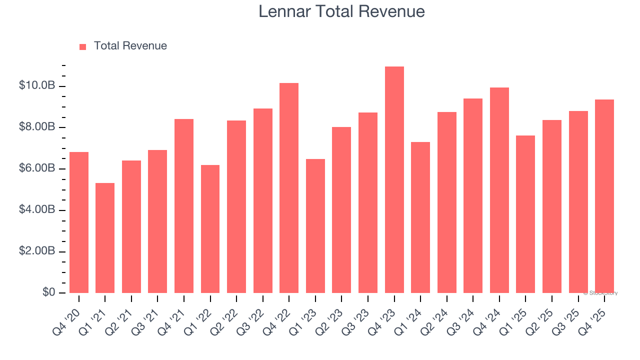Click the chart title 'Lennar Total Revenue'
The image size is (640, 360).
click(341, 11)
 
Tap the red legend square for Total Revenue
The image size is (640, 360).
click(83, 46)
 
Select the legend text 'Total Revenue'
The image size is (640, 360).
click(130, 46)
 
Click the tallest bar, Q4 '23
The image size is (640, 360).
click(394, 180)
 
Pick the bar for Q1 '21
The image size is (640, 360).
click(105, 238)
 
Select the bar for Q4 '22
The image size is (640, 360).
click(289, 188)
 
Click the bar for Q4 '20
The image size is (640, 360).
click(79, 222)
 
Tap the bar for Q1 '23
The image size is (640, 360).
click(315, 226)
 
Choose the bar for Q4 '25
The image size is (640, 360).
click(604, 196)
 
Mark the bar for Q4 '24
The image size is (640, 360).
click(499, 190)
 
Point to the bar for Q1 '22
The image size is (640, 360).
click(210, 229)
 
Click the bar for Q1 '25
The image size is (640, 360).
click(525, 214)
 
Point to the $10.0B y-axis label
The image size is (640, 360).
click(37, 85)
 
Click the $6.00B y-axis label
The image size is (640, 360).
click(37, 168)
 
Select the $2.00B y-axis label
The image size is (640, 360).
click(37, 251)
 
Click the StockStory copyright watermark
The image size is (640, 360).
click(600, 293)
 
